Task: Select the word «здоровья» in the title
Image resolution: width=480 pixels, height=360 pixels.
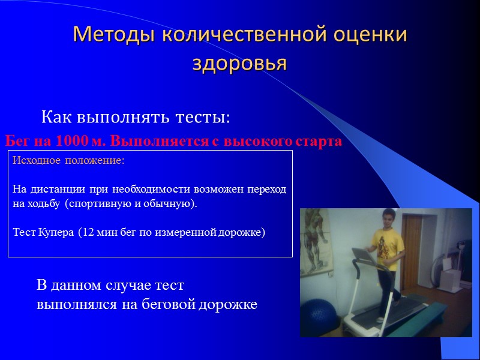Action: (x=239, y=62)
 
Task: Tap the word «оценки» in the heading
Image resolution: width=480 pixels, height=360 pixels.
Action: (x=369, y=35)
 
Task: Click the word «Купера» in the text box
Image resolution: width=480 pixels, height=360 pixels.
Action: (x=56, y=232)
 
